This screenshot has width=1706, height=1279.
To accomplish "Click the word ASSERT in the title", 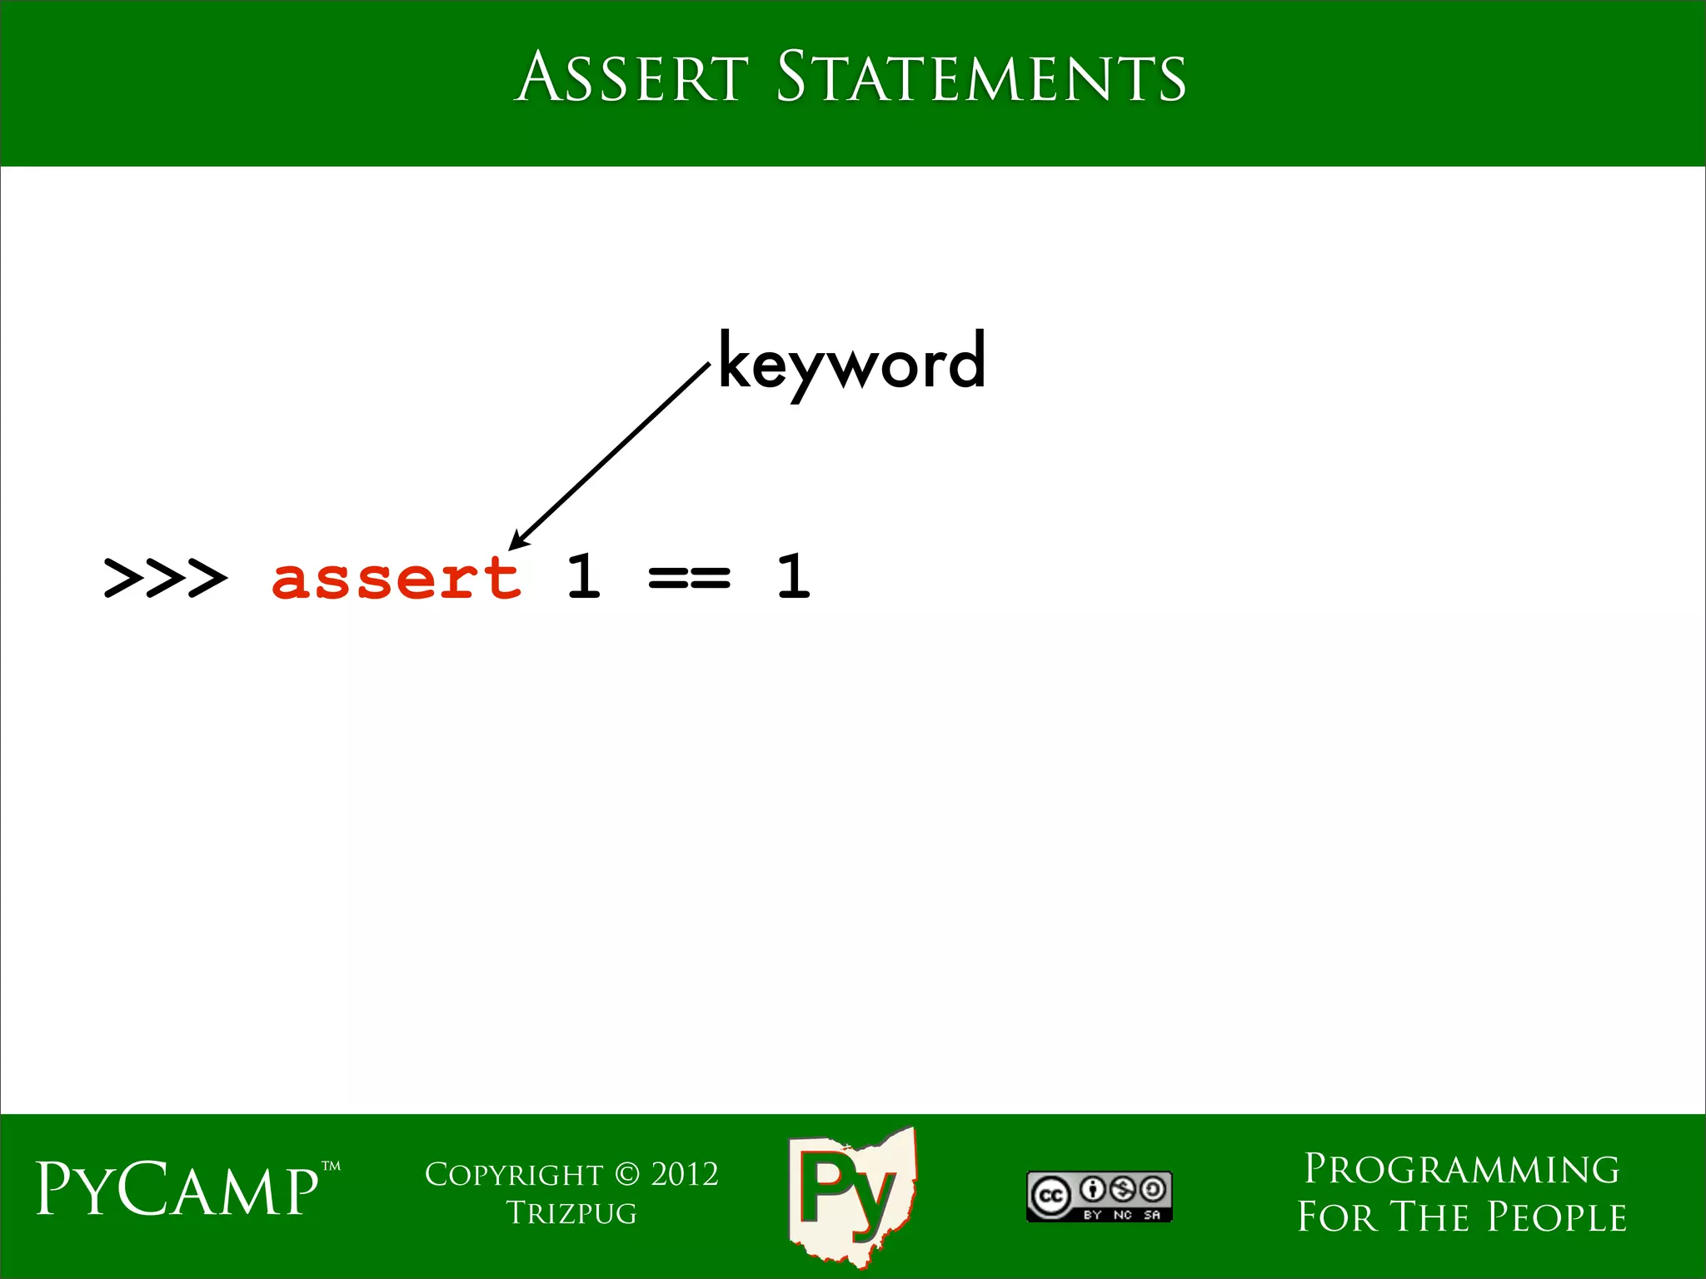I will coord(631,77).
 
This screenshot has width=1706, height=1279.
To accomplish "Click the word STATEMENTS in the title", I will coord(980,77).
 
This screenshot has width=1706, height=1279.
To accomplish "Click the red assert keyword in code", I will coord(397,577).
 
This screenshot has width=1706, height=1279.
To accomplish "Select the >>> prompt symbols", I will coord(165,577).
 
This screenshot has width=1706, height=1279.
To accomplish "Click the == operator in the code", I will coord(689,577).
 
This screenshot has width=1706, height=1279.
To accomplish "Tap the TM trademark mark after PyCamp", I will coord(331,1167).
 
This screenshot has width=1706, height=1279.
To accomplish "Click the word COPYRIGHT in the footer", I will coord(513,1175).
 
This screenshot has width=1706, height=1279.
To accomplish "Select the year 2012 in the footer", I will coord(685,1175).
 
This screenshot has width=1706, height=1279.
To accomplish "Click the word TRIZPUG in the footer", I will coord(571,1214).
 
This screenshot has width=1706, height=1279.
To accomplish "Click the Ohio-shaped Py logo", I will coord(851,1193).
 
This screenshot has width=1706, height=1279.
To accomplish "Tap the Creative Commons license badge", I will coord(1099,1197).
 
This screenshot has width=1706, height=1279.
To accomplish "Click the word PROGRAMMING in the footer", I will coord(1462,1170).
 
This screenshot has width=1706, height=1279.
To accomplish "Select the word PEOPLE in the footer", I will coord(1557,1217).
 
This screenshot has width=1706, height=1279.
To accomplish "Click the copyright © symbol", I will coord(626,1175).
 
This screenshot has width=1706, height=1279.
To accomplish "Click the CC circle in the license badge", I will coord(1050,1197).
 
